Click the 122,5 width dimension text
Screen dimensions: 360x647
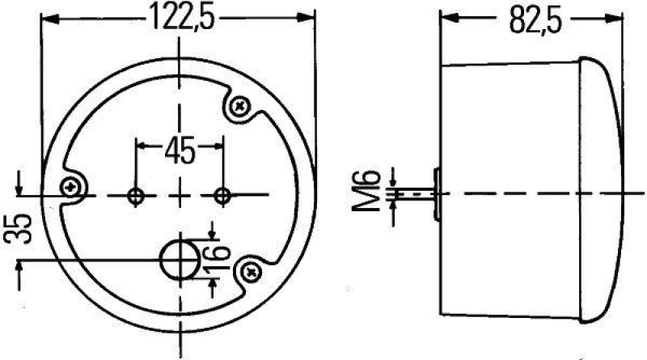point(178,18)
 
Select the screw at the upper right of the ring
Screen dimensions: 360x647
point(240,106)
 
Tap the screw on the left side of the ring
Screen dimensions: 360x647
point(75,187)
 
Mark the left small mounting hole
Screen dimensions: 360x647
point(137,195)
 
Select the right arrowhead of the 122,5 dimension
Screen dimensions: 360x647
point(308,17)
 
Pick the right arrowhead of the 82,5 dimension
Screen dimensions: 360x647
point(618,17)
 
